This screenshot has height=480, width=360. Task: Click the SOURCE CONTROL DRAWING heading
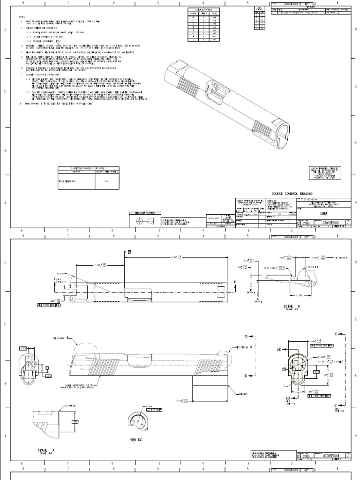tap(292, 193)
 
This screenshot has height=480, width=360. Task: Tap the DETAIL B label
tap(292, 305)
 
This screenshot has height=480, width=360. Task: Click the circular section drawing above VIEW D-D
tap(139, 422)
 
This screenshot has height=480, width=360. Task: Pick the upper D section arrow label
tap(246, 337)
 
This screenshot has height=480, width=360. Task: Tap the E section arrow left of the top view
tap(55, 280)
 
